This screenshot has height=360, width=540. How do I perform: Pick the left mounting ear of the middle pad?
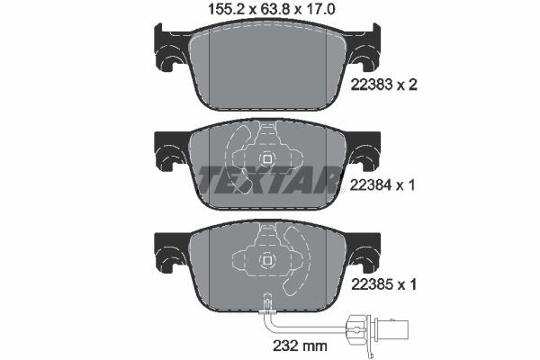[170, 154]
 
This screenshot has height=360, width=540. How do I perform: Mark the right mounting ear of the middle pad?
[364, 154]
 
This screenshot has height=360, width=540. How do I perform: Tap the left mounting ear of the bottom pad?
[170, 255]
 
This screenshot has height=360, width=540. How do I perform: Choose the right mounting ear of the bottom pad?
[364, 255]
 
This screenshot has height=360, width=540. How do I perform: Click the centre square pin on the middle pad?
[267, 159]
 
